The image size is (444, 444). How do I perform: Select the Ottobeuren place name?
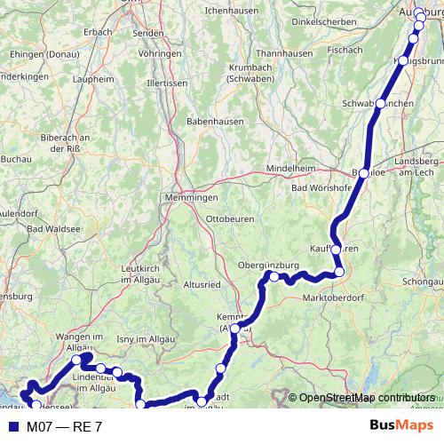229,218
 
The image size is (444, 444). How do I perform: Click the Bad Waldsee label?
54,229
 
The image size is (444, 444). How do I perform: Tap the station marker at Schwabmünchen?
380,104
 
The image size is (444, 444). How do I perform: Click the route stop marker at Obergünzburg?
274,277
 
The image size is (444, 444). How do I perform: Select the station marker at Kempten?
235,329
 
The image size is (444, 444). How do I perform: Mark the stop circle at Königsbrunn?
403,60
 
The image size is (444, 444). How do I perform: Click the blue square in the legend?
12,427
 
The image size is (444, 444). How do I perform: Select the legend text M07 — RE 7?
64,427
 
